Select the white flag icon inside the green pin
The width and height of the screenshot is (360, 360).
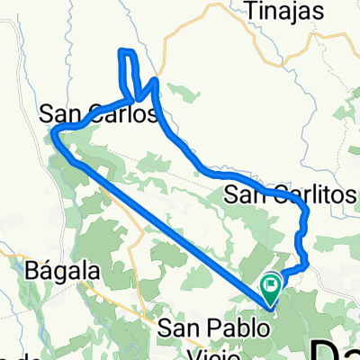tap(271, 285)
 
